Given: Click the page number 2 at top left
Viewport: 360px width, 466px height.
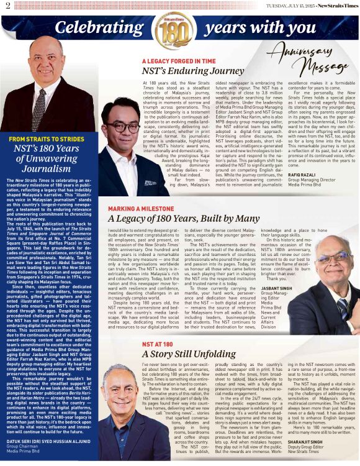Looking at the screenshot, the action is (7, 6).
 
